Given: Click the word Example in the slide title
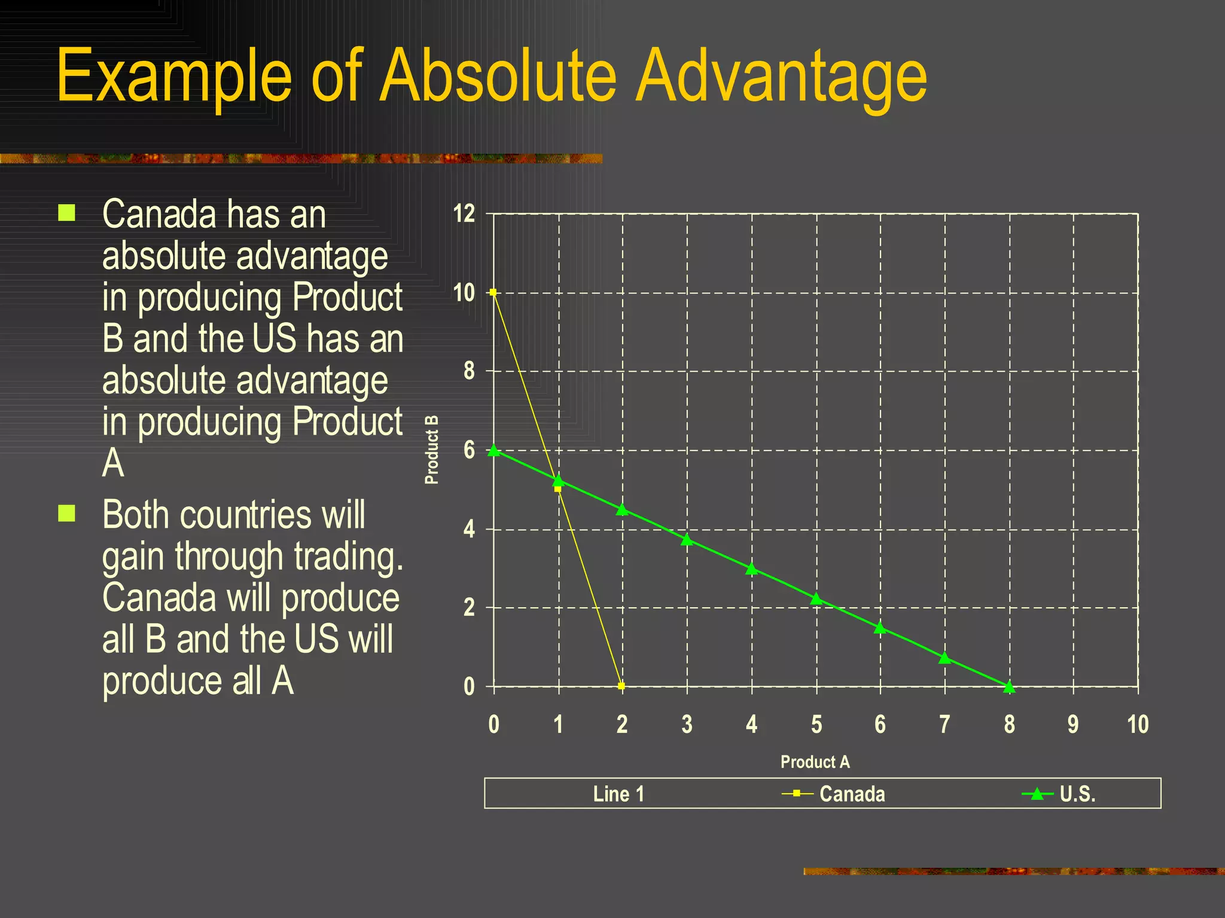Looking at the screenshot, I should click(x=173, y=76).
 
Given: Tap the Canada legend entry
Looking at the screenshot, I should click(x=851, y=794).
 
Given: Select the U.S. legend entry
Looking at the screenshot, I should click(x=1077, y=794).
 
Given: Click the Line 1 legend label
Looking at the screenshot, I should click(x=618, y=794).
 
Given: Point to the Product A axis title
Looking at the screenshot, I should click(x=815, y=761).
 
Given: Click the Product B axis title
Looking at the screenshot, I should click(x=431, y=449).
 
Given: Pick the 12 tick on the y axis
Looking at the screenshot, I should click(x=464, y=214).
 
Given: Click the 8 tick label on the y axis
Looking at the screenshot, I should click(x=469, y=371).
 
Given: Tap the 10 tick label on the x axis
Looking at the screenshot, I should click(x=1138, y=724).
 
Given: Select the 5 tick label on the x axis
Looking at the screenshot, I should click(x=816, y=724).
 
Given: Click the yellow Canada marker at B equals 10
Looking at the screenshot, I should click(x=493, y=292).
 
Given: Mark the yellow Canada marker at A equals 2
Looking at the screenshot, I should click(x=621, y=686).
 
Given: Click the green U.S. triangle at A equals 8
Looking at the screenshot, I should click(x=1009, y=687).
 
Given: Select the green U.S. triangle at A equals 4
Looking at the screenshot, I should click(x=752, y=569).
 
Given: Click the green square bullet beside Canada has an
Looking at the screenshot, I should click(x=67, y=213).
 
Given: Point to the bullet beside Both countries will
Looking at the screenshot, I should click(x=67, y=513).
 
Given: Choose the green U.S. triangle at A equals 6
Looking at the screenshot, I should click(x=880, y=628).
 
